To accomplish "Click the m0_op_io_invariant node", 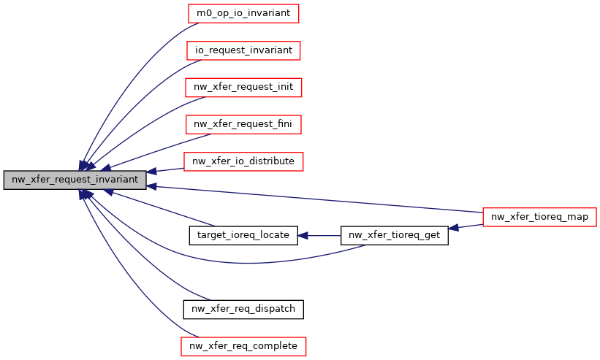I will (x=243, y=13).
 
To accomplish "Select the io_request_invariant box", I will (x=243, y=50).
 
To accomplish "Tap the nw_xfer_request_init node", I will (x=243, y=87).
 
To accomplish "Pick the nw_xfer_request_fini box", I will (x=243, y=124).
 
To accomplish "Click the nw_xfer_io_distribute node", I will (x=243, y=161).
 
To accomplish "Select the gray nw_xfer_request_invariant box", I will (x=75, y=180).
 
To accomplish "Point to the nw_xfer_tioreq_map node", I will (x=540, y=216).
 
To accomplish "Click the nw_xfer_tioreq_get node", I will (x=395, y=235).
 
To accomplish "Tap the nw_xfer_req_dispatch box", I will (x=243, y=309).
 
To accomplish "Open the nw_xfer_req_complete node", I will (x=243, y=345).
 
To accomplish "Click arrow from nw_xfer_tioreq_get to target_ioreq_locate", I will (x=322, y=235).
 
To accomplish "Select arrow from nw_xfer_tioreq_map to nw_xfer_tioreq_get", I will (x=468, y=226).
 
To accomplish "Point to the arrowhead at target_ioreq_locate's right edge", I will (x=303, y=235).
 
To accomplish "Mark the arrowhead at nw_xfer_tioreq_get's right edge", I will (x=454, y=228).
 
